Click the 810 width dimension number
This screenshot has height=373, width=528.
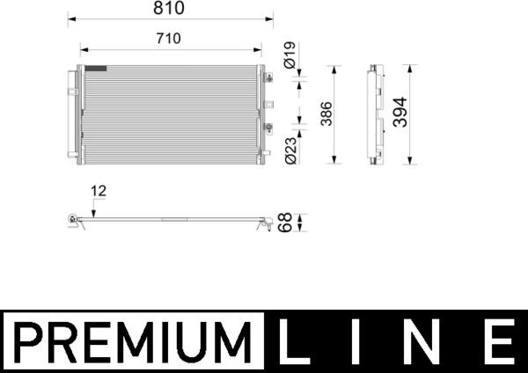(x=171, y=9)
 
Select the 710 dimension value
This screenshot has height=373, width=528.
(x=169, y=38)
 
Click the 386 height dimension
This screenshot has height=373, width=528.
(x=325, y=113)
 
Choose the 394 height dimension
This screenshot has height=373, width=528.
(x=401, y=113)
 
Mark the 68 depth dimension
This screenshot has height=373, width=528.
(x=285, y=223)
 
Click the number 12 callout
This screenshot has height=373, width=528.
(x=98, y=189)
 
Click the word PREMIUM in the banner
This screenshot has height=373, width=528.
(x=132, y=341)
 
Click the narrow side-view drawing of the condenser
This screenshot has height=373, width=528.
(x=376, y=113)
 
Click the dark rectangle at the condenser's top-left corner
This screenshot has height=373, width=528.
(x=95, y=68)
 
